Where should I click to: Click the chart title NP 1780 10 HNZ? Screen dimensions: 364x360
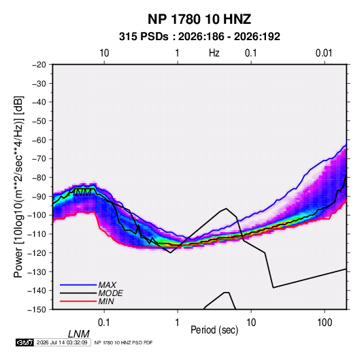pos(199,19)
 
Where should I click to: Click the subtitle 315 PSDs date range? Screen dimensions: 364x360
pos(199,37)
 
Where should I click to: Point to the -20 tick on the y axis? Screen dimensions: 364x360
pos(39,65)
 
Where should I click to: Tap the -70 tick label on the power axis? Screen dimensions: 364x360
pos(39,159)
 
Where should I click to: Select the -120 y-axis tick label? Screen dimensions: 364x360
pos(37,252)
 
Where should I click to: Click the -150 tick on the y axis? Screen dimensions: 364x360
pos(37,310)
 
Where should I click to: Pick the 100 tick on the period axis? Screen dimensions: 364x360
pos(325,323)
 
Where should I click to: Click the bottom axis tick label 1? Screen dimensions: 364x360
pos(178,323)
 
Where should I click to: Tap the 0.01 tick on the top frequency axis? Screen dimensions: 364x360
pos(324,53)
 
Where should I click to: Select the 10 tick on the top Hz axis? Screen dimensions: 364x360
pos(104,53)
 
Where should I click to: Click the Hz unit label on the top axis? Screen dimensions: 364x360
pos(214,53)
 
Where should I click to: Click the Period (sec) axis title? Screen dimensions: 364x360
pos(214,330)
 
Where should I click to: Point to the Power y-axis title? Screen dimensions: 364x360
pos(18,187)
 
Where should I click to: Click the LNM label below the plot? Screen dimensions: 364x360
pos(78,334)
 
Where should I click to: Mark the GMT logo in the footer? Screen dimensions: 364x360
pos(24,342)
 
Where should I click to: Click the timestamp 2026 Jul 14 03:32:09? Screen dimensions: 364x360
pos(62,342)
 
